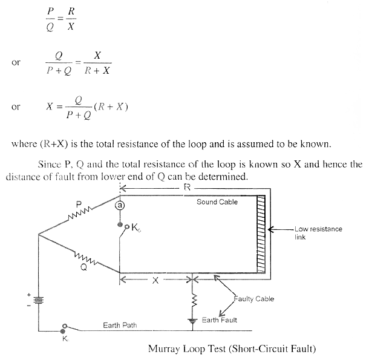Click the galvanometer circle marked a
click(120, 205)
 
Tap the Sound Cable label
click(216, 201)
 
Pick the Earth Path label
click(119, 325)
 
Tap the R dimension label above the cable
click(188, 188)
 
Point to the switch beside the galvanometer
click(124, 230)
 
